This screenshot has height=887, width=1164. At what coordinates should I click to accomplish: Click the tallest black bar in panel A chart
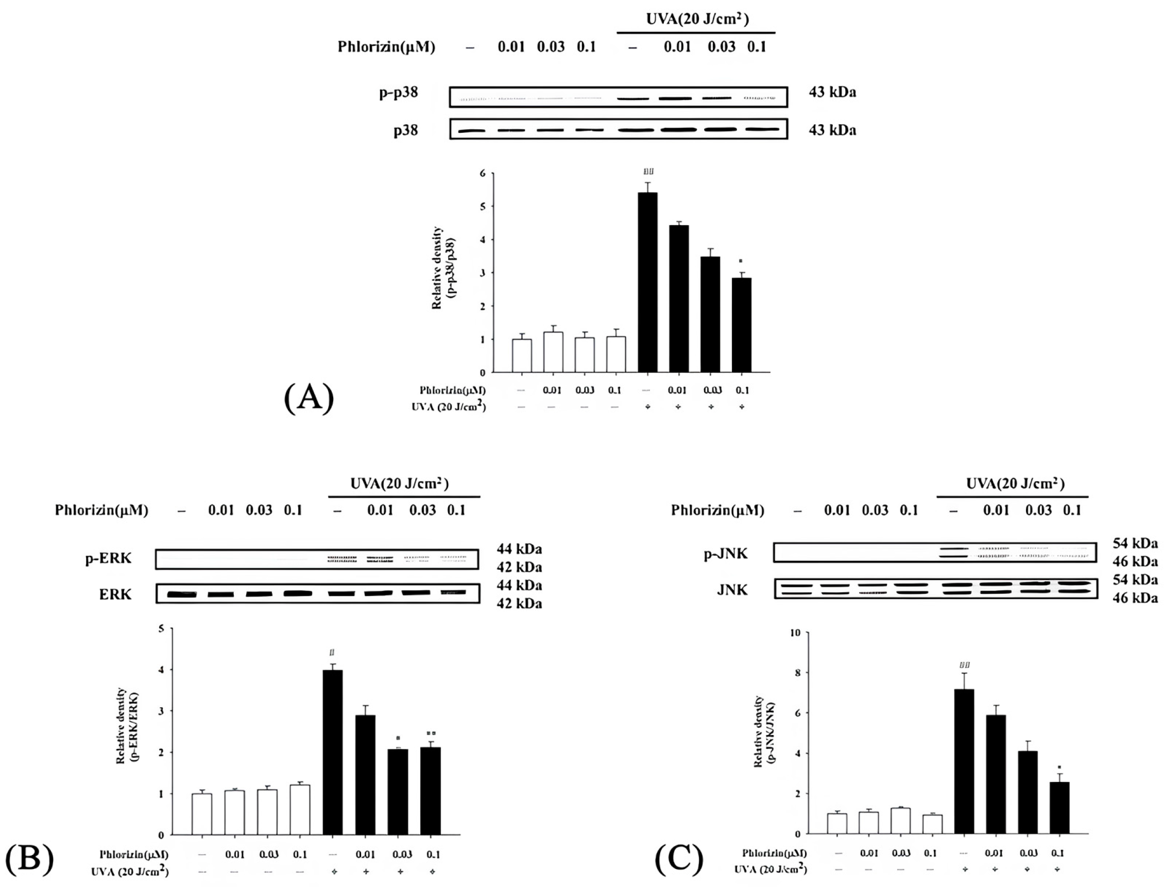pos(648,282)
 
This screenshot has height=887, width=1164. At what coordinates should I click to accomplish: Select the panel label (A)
pos(310,399)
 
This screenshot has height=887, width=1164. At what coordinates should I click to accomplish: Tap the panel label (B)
pos(29,859)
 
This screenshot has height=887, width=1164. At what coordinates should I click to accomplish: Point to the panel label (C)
pos(679,859)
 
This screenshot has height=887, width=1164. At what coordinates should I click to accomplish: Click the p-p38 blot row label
pos(399,92)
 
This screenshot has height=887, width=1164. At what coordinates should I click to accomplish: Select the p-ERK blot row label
pos(108,558)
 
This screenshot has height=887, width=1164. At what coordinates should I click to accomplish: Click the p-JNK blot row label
pos(726,554)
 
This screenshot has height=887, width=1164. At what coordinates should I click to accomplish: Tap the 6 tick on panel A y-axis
pos(482,173)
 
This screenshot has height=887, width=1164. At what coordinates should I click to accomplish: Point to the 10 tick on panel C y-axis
pos(790,633)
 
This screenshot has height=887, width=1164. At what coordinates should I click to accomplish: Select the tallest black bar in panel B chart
pos(333,753)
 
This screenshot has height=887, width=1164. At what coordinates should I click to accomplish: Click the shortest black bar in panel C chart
pos(1059,808)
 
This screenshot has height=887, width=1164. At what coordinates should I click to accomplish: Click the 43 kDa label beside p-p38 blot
pos(832,92)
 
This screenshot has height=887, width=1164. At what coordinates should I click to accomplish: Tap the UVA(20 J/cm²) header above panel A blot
pos(697,19)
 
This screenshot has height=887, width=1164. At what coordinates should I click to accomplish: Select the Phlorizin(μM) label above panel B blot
pos(101,510)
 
